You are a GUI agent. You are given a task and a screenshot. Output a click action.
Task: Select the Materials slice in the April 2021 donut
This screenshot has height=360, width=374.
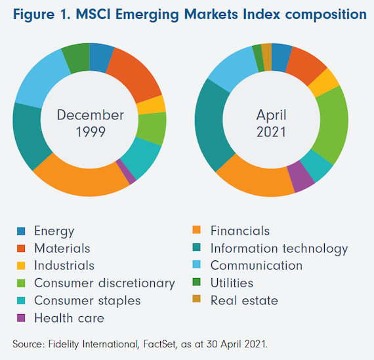pyautogui.click(x=305, y=64)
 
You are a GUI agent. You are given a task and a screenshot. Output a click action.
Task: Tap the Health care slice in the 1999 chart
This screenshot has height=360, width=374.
pyautogui.click(x=126, y=172)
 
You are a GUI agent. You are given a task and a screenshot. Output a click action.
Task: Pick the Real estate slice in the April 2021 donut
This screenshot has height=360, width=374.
pyautogui.click(x=266, y=57)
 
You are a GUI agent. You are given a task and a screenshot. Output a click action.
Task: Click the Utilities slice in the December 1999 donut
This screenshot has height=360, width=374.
pyautogui.click(x=76, y=58)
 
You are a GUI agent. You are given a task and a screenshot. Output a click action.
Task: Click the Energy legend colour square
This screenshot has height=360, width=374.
pyautogui.click(x=21, y=231)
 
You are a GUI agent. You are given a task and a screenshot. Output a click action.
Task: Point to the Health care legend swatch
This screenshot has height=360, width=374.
pyautogui.click(x=21, y=318)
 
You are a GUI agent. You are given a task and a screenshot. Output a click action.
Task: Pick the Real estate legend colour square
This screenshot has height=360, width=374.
pyautogui.click(x=197, y=299)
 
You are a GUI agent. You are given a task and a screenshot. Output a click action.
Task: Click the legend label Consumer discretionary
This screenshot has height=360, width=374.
pyautogui.click(x=104, y=283)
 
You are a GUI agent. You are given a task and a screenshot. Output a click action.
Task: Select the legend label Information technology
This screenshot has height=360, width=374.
pyautogui.click(x=279, y=249)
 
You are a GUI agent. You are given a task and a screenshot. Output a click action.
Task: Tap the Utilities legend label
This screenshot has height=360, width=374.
pyautogui.click(x=232, y=283)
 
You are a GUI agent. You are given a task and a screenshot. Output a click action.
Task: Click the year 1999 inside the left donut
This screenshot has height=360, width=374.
pyautogui.click(x=91, y=132)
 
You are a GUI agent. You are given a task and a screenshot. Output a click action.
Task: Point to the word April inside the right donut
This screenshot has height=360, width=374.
pyautogui.click(x=272, y=116)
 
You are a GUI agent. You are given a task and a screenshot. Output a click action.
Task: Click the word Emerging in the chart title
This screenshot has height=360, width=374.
pyautogui.click(x=147, y=15)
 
